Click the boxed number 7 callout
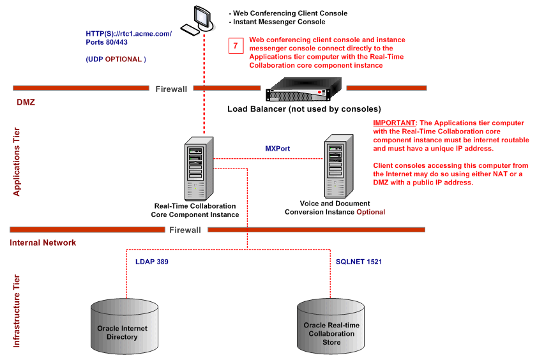(x=236, y=46)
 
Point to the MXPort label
(x=278, y=148)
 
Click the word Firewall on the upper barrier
(x=172, y=89)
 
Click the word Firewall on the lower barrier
(x=185, y=230)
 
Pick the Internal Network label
(x=43, y=243)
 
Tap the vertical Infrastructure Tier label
(x=17, y=311)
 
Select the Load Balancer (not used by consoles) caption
(x=304, y=109)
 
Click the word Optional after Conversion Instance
(x=370, y=212)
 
